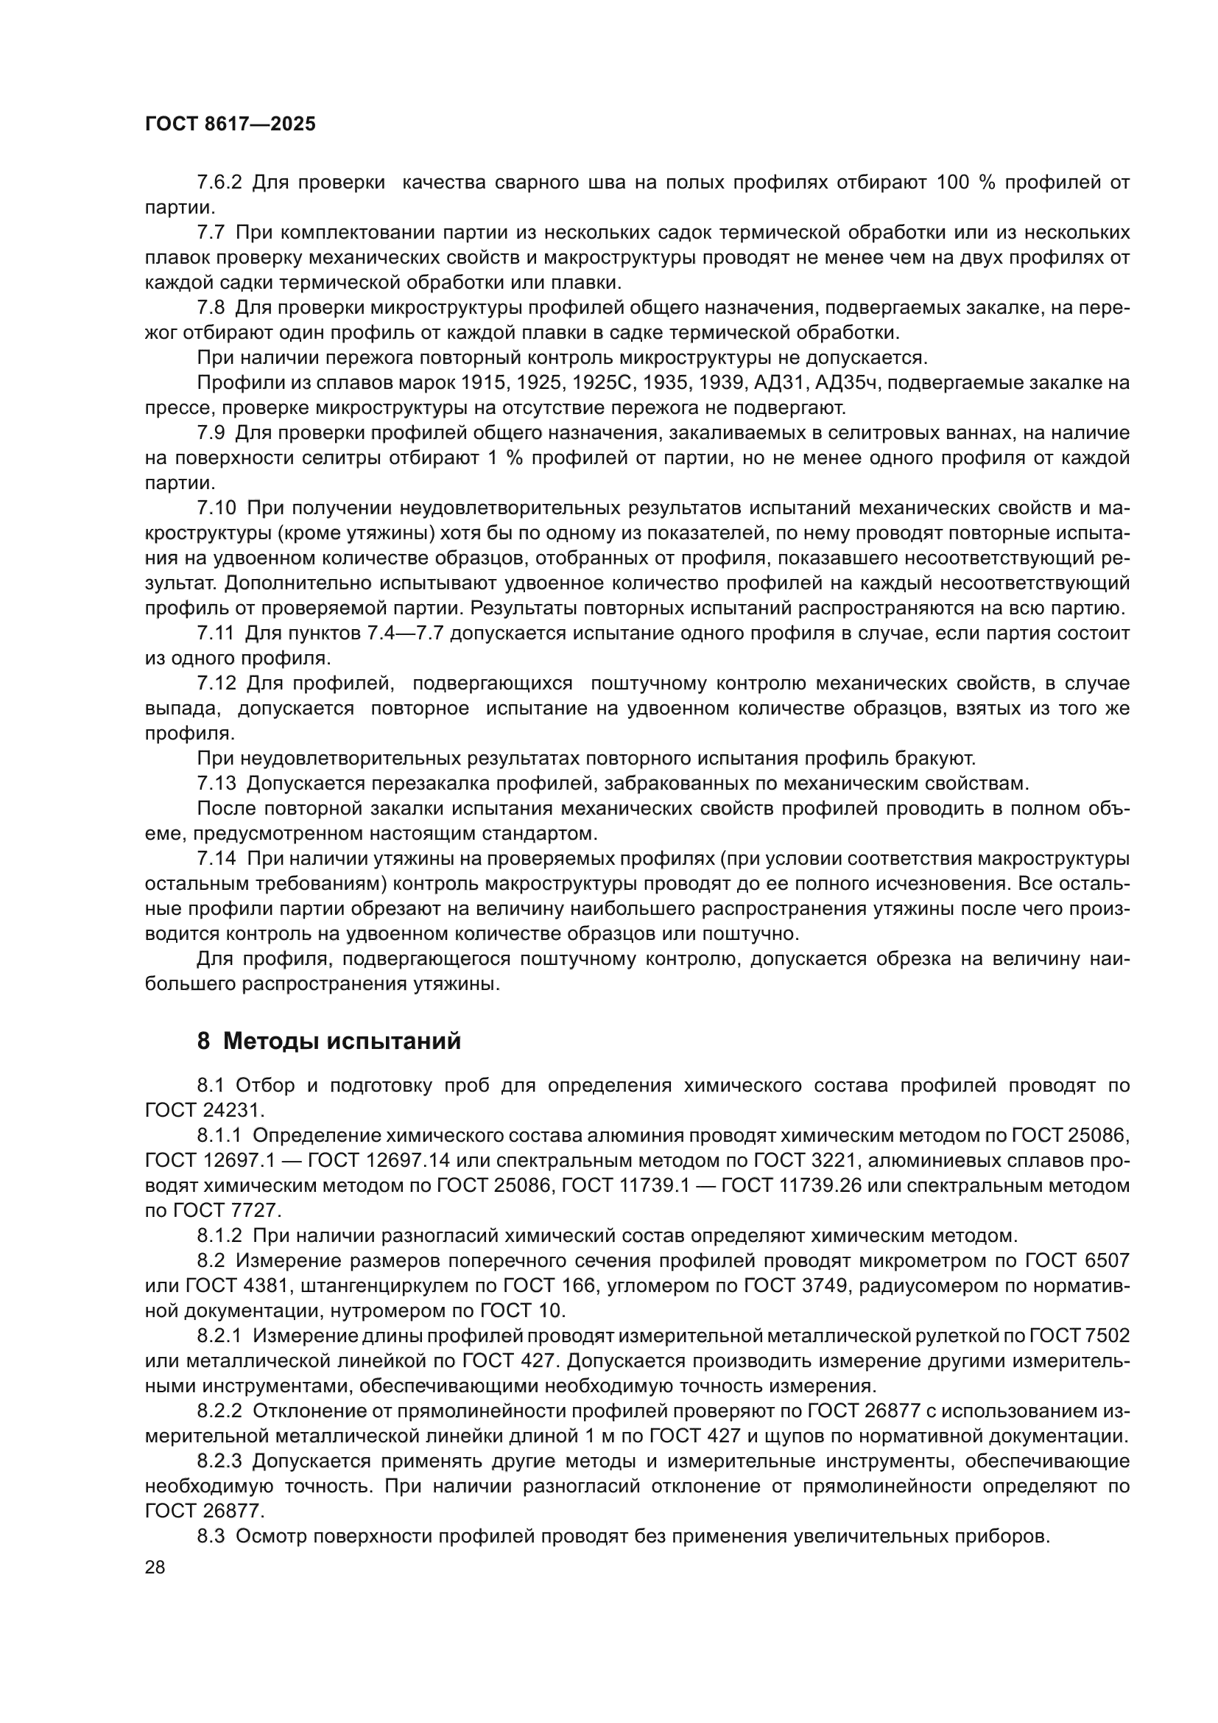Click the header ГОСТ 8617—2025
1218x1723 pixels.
click(x=230, y=124)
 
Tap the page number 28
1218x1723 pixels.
click(x=155, y=1567)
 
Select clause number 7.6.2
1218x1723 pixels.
click(x=219, y=183)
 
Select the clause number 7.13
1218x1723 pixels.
click(x=217, y=784)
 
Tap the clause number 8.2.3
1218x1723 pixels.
click(x=219, y=1461)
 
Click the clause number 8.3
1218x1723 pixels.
click(x=211, y=1537)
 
